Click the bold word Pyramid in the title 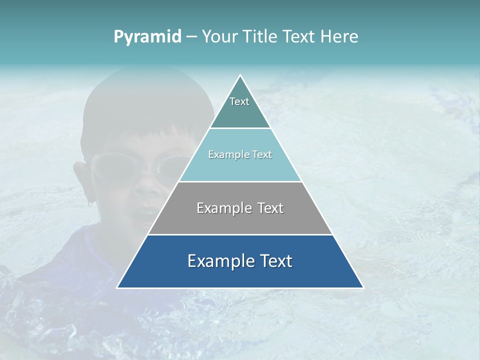coord(147,37)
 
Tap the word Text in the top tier coord(239,101)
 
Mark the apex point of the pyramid coord(240,75)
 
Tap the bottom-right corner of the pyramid coord(363,287)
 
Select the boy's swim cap coord(145,100)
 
